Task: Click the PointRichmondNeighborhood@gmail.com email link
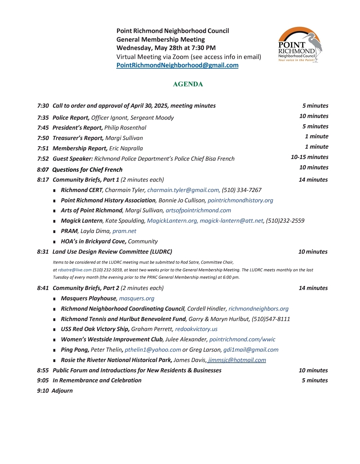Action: (177, 65)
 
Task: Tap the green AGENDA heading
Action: (188, 84)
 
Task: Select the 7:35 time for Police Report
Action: (43, 118)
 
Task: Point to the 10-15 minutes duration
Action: (309, 157)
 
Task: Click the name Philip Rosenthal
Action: (125, 128)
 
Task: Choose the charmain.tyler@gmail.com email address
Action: (183, 190)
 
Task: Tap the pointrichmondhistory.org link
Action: (240, 200)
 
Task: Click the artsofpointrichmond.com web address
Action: (198, 210)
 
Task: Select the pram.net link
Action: (124, 231)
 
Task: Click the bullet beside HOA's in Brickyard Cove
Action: (54, 242)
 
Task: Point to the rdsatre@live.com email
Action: (75, 270)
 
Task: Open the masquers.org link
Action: (137, 298)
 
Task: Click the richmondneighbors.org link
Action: (258, 309)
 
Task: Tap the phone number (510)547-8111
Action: (271, 319)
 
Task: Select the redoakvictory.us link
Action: (196, 329)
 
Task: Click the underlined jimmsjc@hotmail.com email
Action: (237, 360)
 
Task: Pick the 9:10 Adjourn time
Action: (43, 391)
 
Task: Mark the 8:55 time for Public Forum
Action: (43, 370)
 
